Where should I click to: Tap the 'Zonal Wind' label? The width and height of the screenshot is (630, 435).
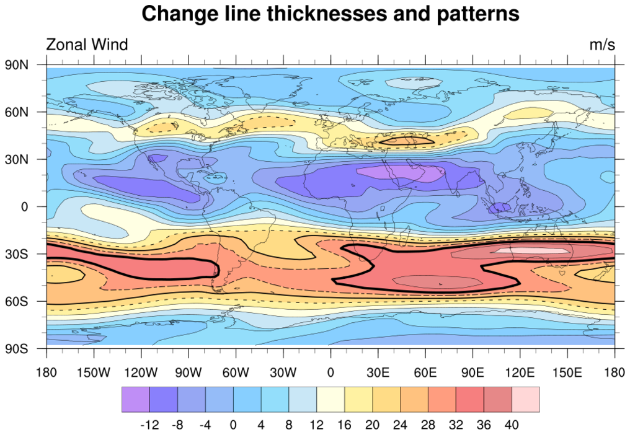(87, 45)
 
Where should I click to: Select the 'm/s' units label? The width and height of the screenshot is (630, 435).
(601, 45)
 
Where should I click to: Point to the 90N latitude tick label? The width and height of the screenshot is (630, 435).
(18, 64)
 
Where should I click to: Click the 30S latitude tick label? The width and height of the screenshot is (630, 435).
(18, 254)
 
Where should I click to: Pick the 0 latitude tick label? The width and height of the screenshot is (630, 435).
(25, 206)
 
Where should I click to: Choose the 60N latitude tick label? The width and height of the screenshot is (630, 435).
(18, 112)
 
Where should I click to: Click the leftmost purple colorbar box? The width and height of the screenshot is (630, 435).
(135, 400)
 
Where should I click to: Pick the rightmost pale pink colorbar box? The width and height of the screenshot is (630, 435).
(525, 400)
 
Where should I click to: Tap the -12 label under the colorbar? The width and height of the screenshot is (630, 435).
(149, 425)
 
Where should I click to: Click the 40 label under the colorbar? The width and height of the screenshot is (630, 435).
(512, 425)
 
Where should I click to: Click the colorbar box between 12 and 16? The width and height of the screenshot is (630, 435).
(331, 400)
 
